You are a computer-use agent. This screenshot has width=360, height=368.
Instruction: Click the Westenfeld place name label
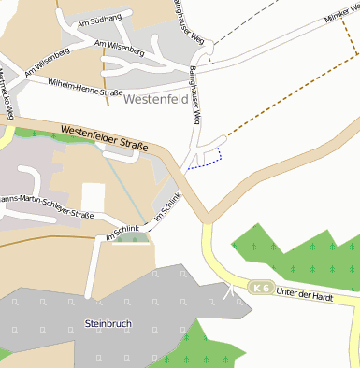pos(156,97)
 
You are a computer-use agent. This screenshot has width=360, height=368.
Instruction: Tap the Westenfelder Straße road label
pos(105,137)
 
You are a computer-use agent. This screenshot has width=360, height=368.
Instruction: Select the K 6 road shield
pos(261,289)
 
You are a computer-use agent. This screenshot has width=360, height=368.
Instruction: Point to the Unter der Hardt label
pos(307,294)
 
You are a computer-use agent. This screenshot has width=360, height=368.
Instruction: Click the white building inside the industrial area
pos(93,197)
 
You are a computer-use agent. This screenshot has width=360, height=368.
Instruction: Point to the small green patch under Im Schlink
pos(132,239)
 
